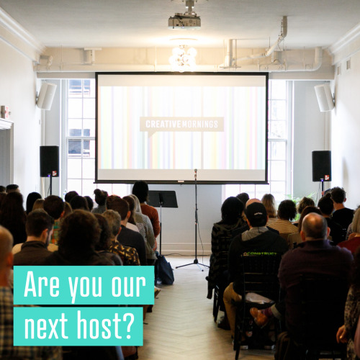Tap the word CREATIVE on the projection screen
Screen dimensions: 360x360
pos(163,124)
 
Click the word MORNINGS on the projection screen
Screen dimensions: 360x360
pos(200,124)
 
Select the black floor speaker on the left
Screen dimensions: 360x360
pos(50,161)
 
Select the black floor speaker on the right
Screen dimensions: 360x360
pos(322,166)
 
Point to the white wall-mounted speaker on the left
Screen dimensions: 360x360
pos(46,96)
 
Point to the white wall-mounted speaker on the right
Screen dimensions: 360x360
pos(325,97)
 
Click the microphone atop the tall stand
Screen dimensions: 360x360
pos(196,174)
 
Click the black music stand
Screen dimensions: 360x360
pos(163,199)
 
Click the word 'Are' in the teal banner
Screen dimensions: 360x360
pos(42,284)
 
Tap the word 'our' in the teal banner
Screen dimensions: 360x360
pos(129,286)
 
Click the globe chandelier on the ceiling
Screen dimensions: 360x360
pos(183,58)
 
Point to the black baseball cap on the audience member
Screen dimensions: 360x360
pos(256,211)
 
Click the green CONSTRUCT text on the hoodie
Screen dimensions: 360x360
pos(259,254)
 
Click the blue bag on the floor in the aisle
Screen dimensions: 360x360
pos(165,270)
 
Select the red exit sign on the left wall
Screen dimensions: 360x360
pos(5,112)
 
